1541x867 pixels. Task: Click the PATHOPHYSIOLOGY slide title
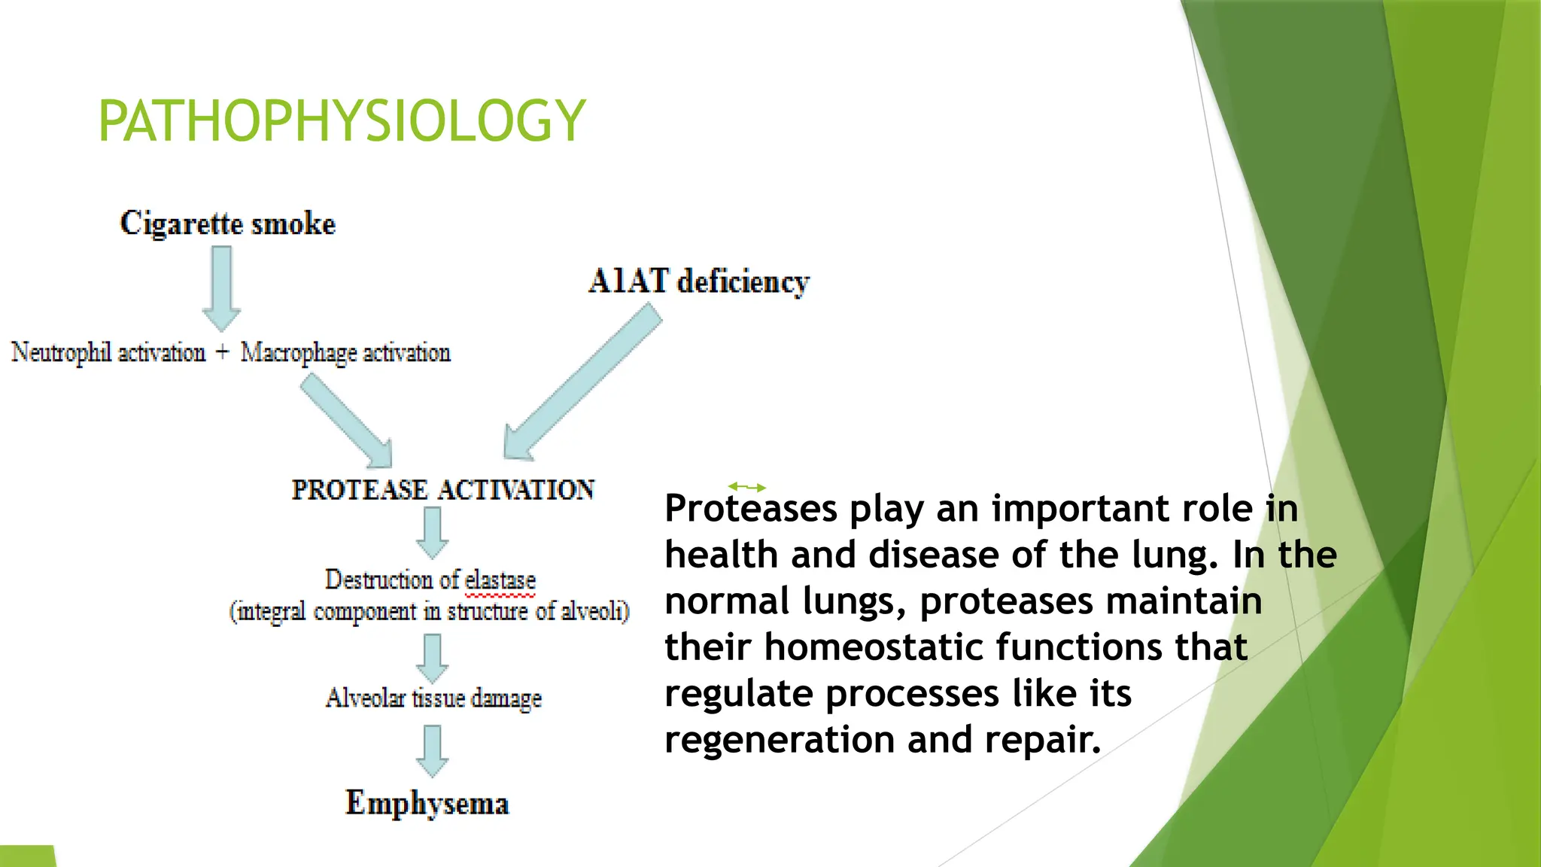(342, 120)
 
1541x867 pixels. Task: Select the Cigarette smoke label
(228, 224)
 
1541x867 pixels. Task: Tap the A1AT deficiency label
(699, 281)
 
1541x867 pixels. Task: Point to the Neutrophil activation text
(108, 352)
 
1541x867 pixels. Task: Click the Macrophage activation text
(345, 352)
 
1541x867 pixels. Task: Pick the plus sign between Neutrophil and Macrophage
(222, 351)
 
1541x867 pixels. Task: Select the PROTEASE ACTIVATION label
(443, 490)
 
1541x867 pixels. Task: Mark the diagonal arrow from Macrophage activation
(347, 422)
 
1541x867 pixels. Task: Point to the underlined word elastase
(500, 580)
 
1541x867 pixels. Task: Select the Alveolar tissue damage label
(433, 698)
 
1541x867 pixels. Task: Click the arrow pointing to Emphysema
(433, 750)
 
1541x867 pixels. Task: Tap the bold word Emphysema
(427, 803)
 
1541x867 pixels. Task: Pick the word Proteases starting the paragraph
(751, 509)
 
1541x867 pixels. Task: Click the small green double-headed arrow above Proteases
(747, 488)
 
